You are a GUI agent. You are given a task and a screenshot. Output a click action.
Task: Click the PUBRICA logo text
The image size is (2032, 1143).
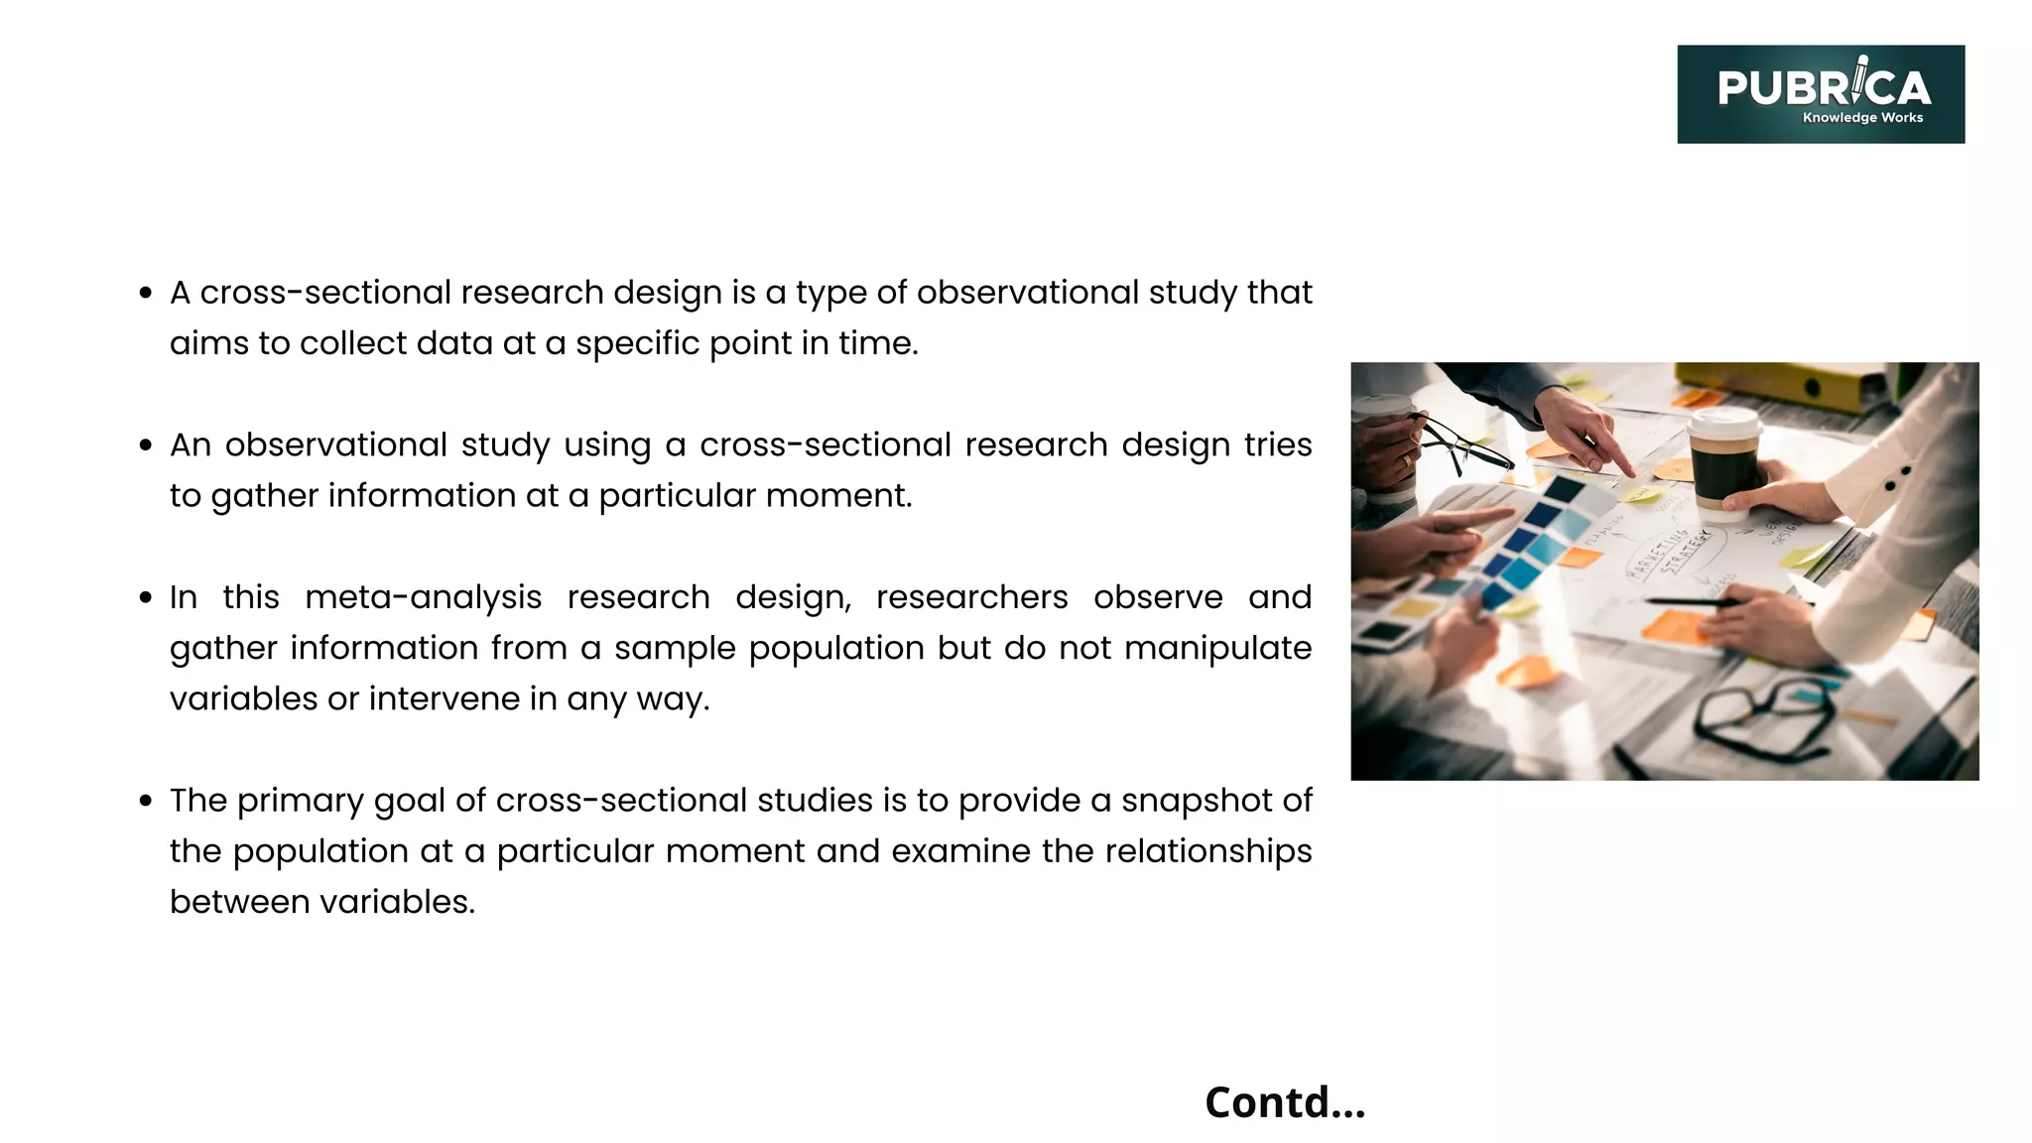click(x=1824, y=87)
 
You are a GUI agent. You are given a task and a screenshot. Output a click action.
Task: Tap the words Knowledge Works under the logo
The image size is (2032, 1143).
click(x=1862, y=118)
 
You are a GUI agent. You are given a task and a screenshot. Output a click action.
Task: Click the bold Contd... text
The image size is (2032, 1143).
click(x=1285, y=1102)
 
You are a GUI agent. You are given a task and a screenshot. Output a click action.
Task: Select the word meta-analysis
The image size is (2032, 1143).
click(x=423, y=597)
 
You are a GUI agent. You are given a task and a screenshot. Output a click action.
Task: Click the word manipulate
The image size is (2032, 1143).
click(x=1217, y=648)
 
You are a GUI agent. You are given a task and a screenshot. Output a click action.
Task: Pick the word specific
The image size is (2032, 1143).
click(x=636, y=343)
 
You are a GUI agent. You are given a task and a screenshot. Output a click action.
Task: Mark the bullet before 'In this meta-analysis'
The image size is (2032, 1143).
click(x=146, y=597)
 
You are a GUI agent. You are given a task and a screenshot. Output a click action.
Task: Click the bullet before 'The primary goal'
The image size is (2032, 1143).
click(x=146, y=801)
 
